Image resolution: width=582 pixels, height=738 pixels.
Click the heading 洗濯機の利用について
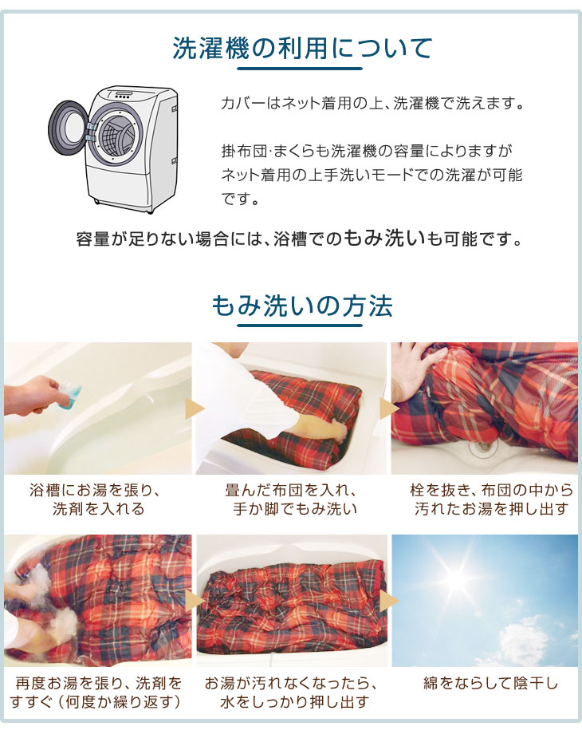coord(302,48)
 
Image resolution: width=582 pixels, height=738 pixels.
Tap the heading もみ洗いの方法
coord(301,306)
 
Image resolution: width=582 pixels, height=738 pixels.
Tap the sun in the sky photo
coord(454,578)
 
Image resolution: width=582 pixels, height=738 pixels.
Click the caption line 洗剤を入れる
coord(98,509)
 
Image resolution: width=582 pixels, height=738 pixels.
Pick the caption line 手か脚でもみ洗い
coord(295,509)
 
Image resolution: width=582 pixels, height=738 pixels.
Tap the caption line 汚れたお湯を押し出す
coord(492,509)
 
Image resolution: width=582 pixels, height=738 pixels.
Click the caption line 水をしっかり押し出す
coord(295,702)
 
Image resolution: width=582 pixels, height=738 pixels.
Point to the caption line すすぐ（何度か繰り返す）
coord(96,702)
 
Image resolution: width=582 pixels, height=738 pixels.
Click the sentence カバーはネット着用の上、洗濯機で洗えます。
coord(372,103)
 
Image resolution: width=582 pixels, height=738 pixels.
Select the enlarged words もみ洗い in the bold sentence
coord(384,238)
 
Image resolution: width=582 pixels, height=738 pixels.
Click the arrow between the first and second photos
coord(195,408)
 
